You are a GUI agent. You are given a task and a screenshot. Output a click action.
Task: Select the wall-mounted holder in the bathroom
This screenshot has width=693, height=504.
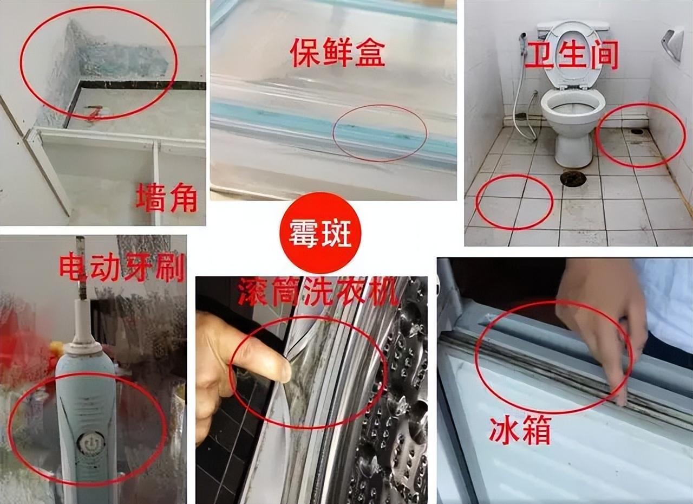[673, 43]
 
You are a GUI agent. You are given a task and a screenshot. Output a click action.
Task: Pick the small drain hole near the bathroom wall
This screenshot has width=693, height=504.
[637, 131]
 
